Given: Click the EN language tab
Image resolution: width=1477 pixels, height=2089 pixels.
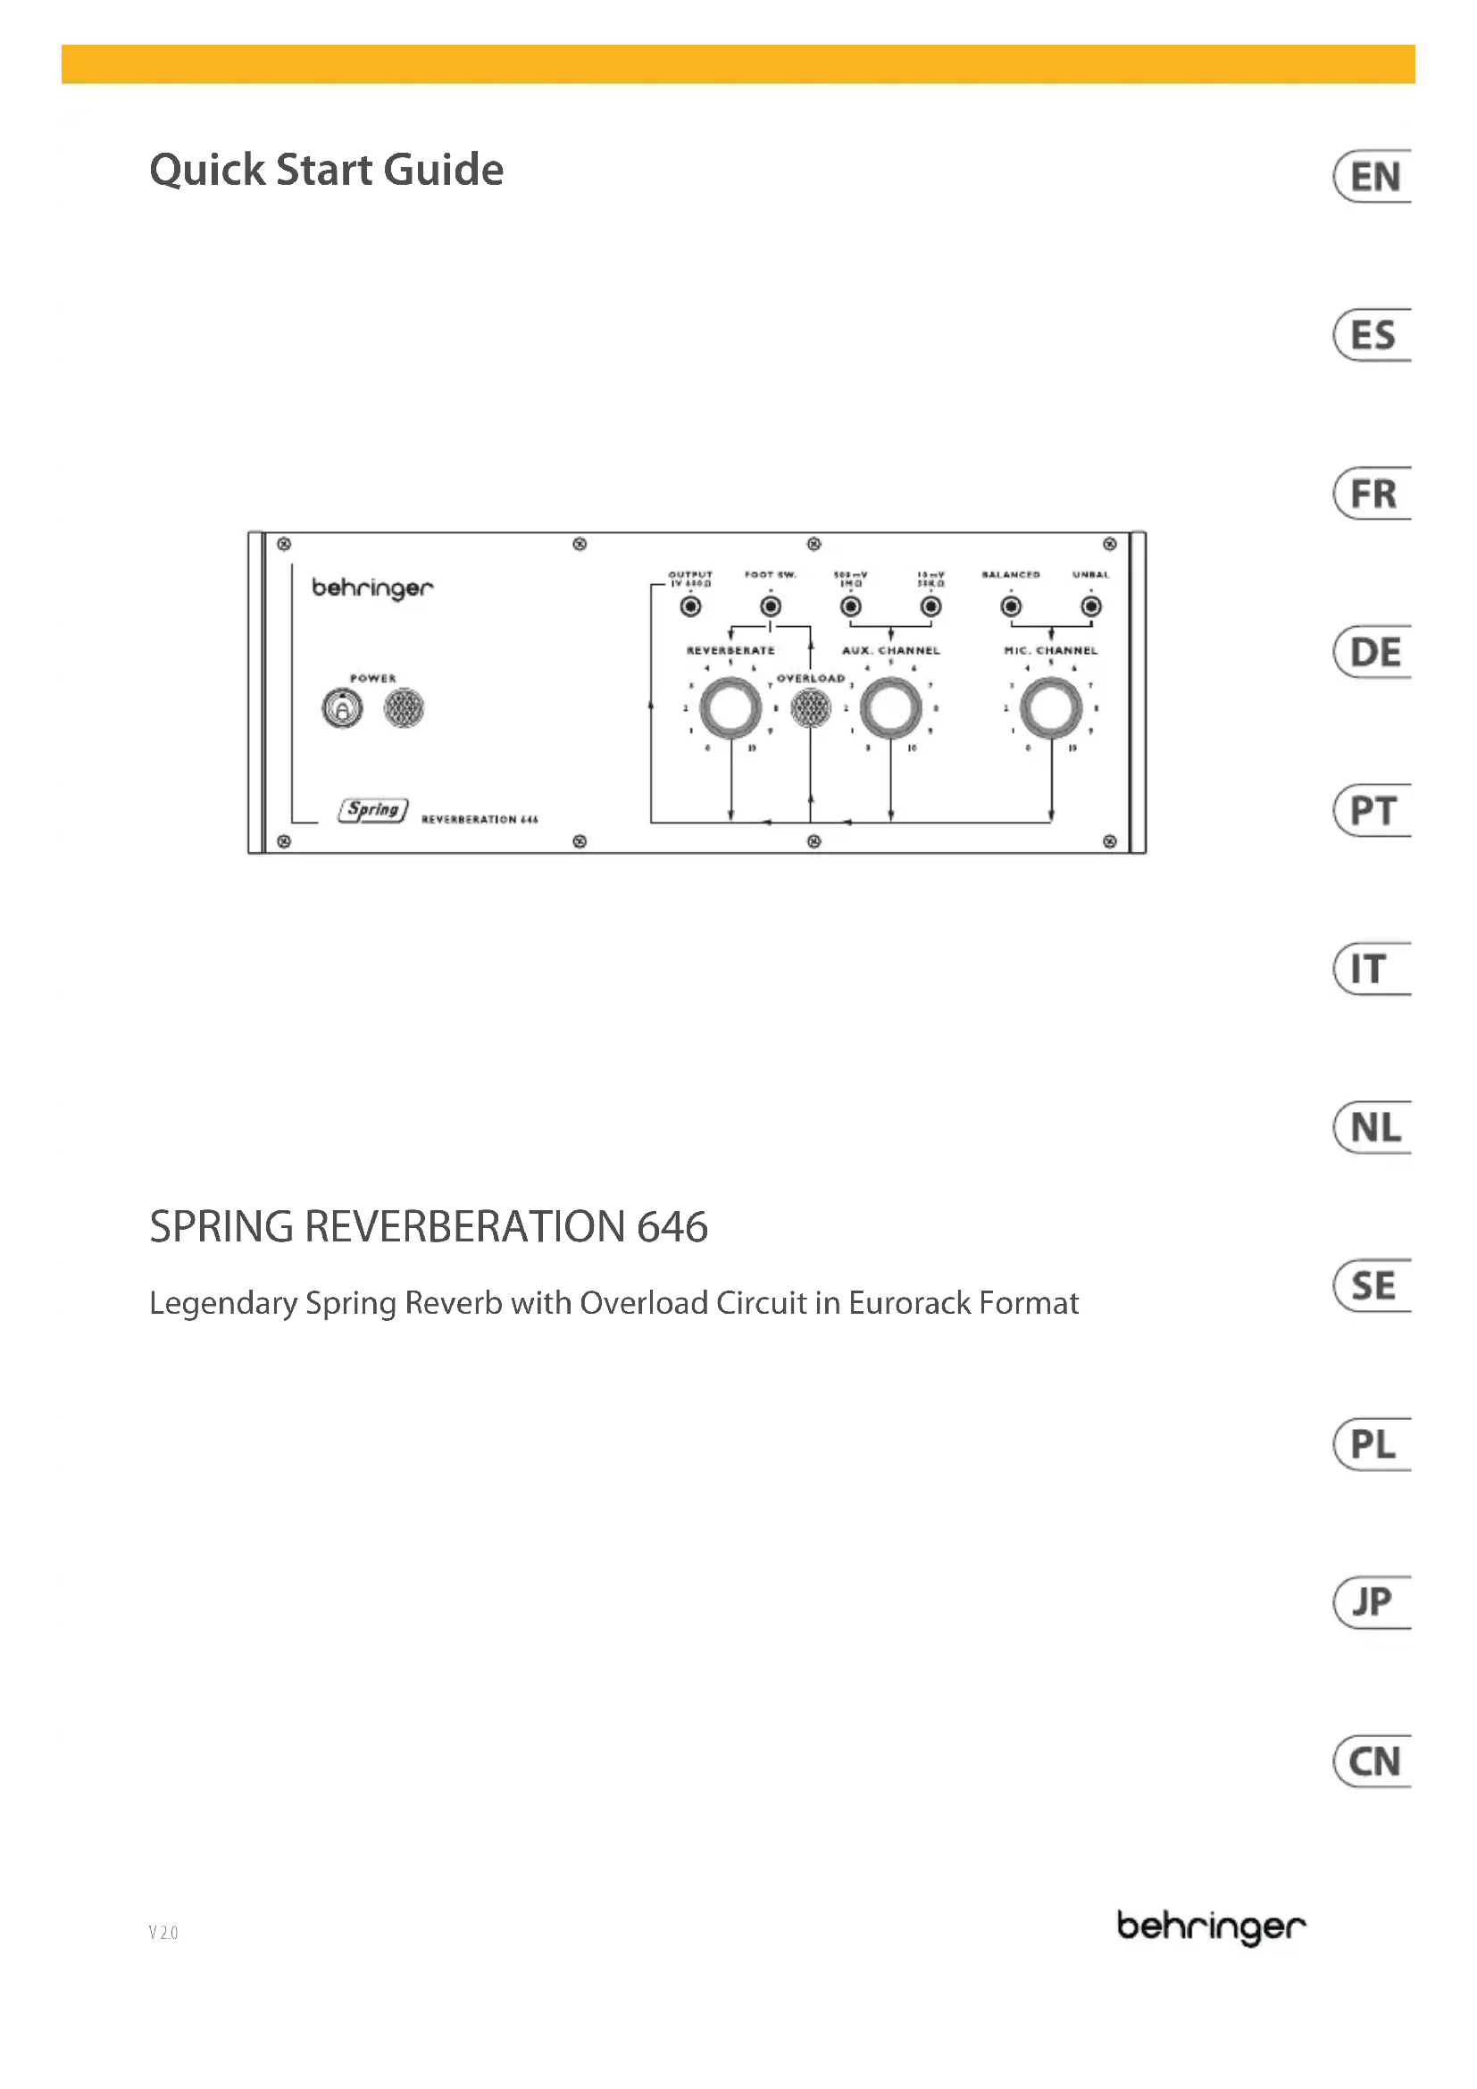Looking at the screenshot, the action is point(1373,177).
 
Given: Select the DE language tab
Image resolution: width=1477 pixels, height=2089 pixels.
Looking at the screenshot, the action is point(1373,652).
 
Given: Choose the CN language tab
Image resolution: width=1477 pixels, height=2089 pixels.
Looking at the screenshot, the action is point(1373,1762).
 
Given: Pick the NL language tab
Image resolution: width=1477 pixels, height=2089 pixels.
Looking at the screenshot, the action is point(1373,1128).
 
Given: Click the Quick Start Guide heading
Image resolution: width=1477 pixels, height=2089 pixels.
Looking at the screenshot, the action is point(327,171).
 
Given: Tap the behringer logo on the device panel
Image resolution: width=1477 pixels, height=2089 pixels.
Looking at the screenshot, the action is point(373,589).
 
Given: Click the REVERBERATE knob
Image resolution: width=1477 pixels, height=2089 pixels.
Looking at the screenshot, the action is point(730,709).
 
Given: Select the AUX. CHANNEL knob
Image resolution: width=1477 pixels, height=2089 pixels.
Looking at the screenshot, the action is point(890,709).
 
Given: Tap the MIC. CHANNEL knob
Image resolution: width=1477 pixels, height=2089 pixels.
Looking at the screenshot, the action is point(1050,709).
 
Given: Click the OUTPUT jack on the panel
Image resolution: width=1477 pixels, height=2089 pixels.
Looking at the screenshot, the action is point(691,606).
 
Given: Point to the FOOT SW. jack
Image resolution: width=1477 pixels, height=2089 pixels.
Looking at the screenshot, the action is point(771,606).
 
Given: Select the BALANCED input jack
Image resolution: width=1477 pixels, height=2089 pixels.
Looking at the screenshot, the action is point(1011,606).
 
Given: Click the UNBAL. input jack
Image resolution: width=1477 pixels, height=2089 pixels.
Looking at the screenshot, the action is point(1090,606).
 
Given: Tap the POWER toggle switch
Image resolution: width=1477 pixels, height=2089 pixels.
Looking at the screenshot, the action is point(342,709).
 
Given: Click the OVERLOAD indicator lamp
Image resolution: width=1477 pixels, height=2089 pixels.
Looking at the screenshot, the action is point(810,709).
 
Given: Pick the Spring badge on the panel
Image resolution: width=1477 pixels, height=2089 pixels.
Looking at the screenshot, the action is point(373,810).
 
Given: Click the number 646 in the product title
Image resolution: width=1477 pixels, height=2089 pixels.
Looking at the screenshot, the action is point(672,1227).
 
